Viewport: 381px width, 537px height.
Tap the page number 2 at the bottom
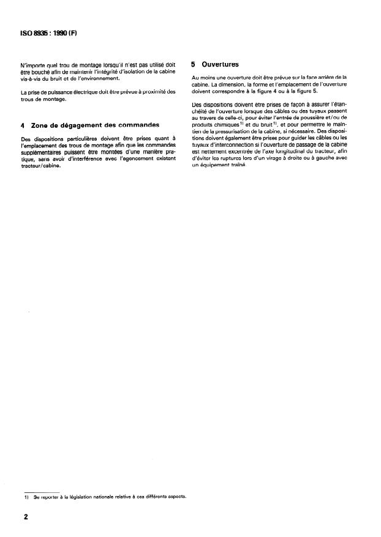click(x=26, y=517)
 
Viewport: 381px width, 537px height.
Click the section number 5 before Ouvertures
click(x=194, y=64)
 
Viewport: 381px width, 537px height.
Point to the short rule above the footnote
click(x=40, y=491)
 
